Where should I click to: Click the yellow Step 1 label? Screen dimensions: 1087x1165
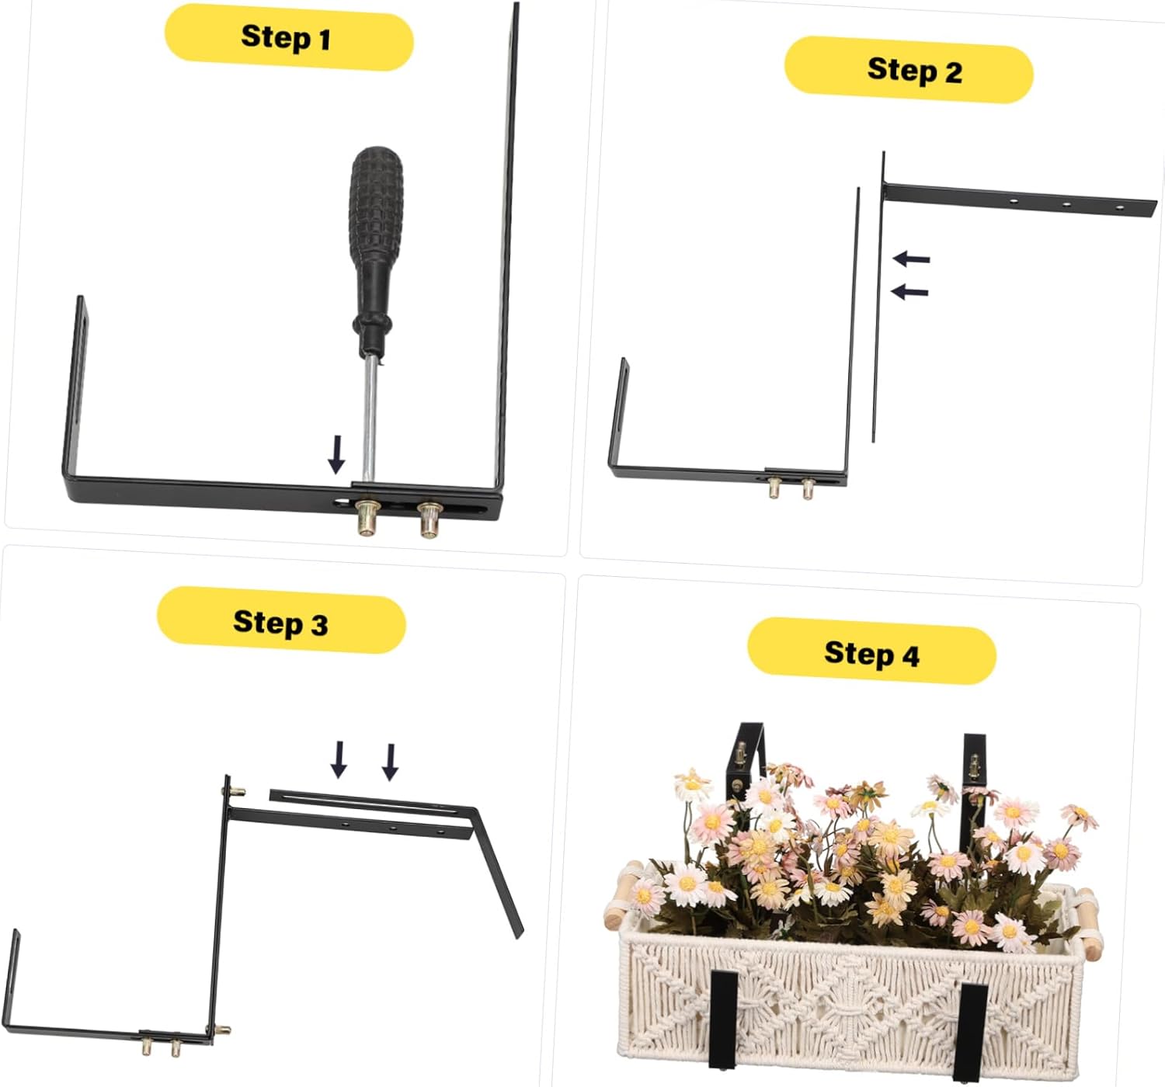pos(288,37)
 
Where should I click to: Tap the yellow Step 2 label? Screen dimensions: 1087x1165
pos(909,70)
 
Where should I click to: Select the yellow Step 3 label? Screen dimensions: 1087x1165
pos(281,621)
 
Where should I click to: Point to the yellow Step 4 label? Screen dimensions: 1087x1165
pos(871,652)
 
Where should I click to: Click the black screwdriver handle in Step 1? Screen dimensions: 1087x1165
pos(376,233)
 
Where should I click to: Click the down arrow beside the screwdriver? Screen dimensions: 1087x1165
pos(336,454)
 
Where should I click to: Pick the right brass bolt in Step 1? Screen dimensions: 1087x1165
pos(429,519)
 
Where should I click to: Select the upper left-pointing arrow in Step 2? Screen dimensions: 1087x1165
pos(911,259)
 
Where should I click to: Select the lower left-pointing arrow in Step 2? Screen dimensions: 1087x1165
pos(909,292)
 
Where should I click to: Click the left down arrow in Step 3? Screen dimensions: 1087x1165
pos(339,759)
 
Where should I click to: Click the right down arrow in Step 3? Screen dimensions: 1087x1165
pos(390,762)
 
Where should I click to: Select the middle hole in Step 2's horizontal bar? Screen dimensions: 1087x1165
pos(1066,204)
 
